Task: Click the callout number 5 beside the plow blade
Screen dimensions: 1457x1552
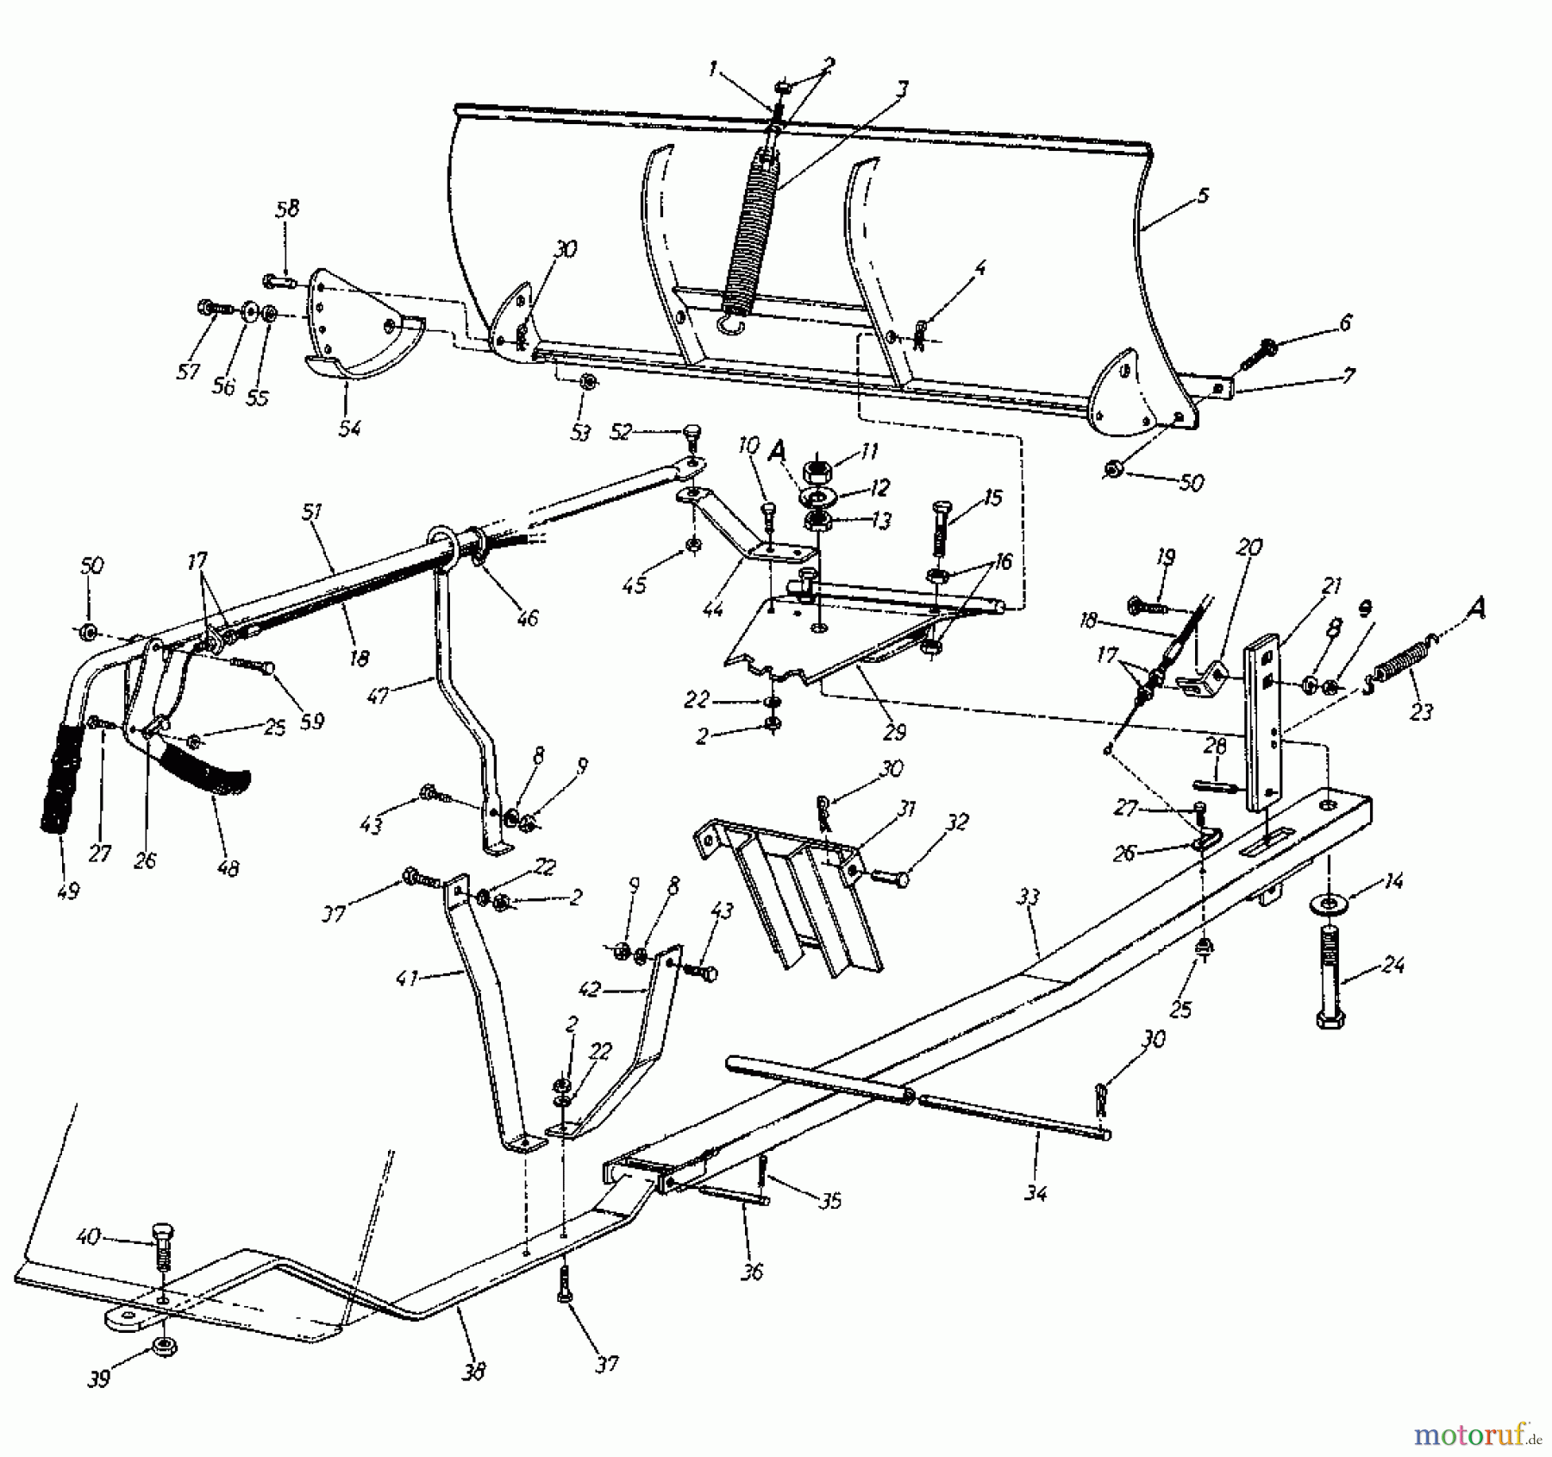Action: coord(1203,197)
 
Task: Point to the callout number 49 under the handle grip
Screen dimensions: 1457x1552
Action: coord(67,891)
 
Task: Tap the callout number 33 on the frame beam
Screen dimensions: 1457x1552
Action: coord(1028,899)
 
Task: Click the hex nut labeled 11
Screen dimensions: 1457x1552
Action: coord(816,472)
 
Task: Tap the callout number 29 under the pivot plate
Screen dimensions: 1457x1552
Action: coord(895,731)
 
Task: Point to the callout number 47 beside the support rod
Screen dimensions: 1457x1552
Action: coord(379,694)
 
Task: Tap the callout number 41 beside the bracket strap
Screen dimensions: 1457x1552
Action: coord(408,978)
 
